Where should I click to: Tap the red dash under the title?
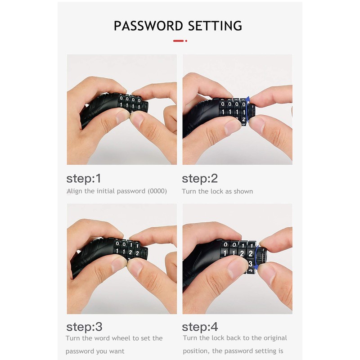coord(179,41)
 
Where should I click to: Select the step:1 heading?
coord(84,179)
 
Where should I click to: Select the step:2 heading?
coord(199,179)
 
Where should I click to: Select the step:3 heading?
coord(84,327)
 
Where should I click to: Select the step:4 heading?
coord(199,327)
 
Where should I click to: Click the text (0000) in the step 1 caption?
coord(157,191)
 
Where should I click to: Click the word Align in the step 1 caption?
coord(74,191)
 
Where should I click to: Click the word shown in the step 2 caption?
coord(243,191)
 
